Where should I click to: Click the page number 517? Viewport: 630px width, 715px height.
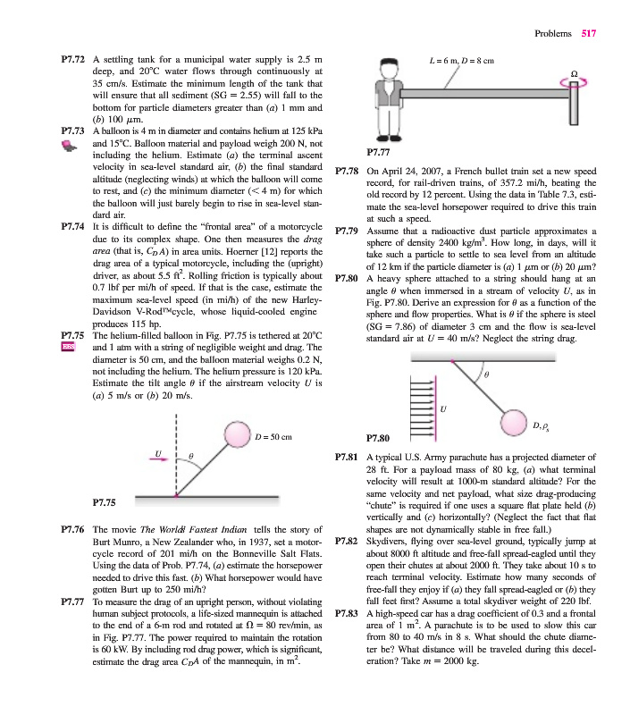point(587,33)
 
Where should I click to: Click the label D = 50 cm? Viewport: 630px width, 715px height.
point(274,436)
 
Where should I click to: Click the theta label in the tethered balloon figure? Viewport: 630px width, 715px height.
point(190,456)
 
